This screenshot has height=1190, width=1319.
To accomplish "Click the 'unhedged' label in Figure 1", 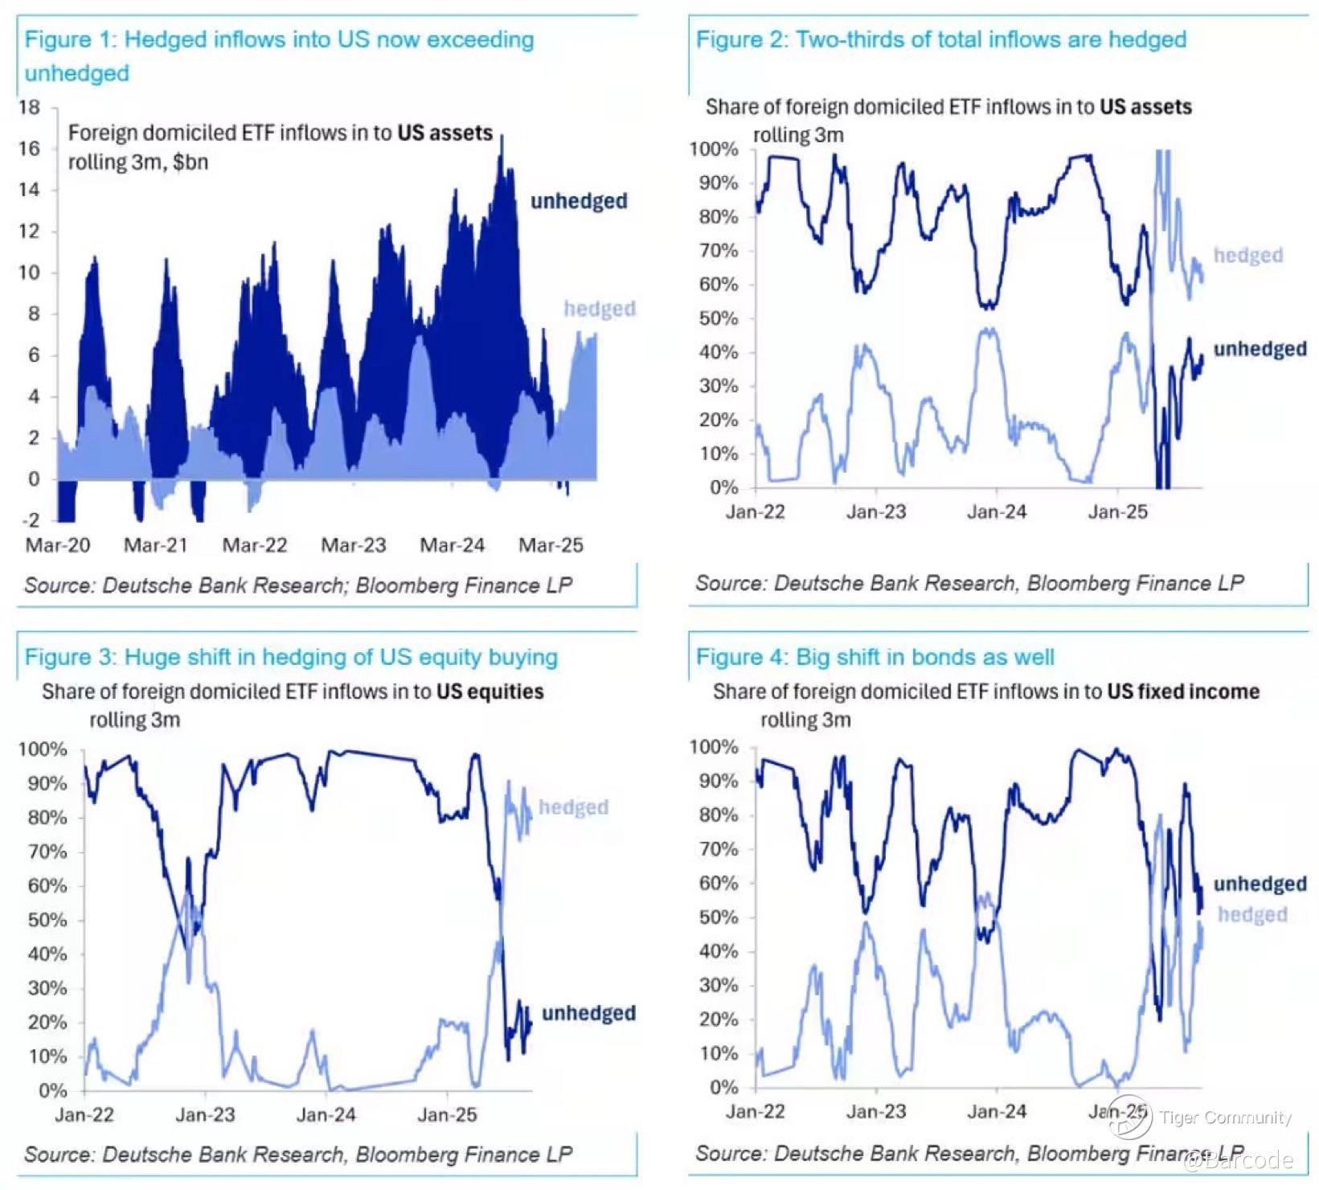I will click(579, 201).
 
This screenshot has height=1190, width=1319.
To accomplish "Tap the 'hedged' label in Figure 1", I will click(600, 309).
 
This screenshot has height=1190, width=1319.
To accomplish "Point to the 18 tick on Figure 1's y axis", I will click(30, 108).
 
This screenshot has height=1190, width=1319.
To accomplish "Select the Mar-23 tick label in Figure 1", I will click(354, 545).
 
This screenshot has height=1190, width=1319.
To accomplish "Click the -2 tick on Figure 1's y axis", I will click(30, 520).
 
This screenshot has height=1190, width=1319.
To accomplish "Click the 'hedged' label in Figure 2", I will click(1247, 256).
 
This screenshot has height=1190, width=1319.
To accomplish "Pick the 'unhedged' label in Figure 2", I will click(1260, 349).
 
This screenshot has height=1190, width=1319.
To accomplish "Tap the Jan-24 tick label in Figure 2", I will click(997, 512).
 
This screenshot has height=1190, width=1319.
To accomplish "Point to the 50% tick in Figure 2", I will click(719, 318).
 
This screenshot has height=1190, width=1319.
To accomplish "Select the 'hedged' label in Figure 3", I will click(573, 807).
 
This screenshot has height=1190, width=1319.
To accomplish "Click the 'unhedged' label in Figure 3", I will click(588, 1013).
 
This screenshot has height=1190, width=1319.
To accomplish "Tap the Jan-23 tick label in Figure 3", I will click(205, 1114).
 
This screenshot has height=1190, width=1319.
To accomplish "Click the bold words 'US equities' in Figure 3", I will click(490, 691).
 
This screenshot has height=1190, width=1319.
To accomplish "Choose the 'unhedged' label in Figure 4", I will click(1260, 884).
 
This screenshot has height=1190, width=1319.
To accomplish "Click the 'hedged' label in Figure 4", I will click(1252, 915).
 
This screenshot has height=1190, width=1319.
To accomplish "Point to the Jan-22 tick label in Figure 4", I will click(755, 1111).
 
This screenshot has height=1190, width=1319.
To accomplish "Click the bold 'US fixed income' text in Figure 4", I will click(1182, 691).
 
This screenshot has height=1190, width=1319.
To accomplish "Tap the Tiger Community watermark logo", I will click(1130, 1118).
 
